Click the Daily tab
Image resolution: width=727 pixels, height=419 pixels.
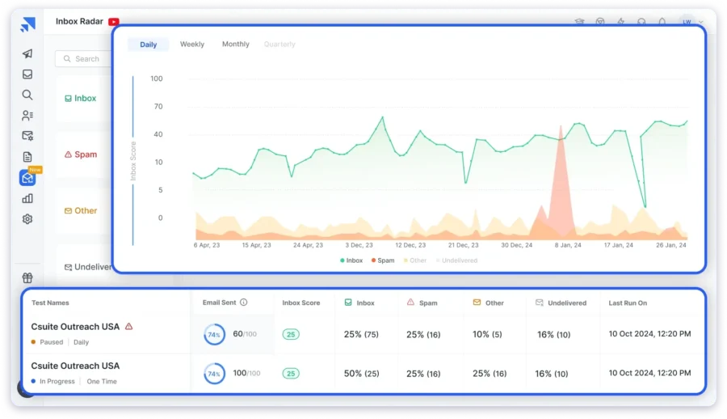pos(149,44)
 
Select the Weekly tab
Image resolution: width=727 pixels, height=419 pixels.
pos(192,44)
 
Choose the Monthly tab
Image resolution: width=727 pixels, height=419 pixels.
pos(236,44)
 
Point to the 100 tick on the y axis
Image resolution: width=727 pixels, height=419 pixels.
pos(157,79)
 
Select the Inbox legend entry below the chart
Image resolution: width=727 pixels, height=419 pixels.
pos(351,260)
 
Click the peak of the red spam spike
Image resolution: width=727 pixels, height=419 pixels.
pos(560,126)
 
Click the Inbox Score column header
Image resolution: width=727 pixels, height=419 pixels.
pos(301,303)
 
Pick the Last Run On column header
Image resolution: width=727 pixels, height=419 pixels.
pos(628,303)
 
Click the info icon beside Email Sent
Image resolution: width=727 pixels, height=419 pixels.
pos(244,303)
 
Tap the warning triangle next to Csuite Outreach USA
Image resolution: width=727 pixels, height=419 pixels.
pos(128,327)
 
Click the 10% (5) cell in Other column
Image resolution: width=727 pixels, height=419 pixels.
pos(488,334)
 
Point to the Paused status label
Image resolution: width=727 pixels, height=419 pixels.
pos(51,342)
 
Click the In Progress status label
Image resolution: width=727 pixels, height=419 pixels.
pos(57,381)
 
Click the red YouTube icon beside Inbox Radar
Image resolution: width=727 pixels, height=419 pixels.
pos(113,22)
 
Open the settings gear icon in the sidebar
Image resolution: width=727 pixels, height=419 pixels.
pos(27,219)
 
